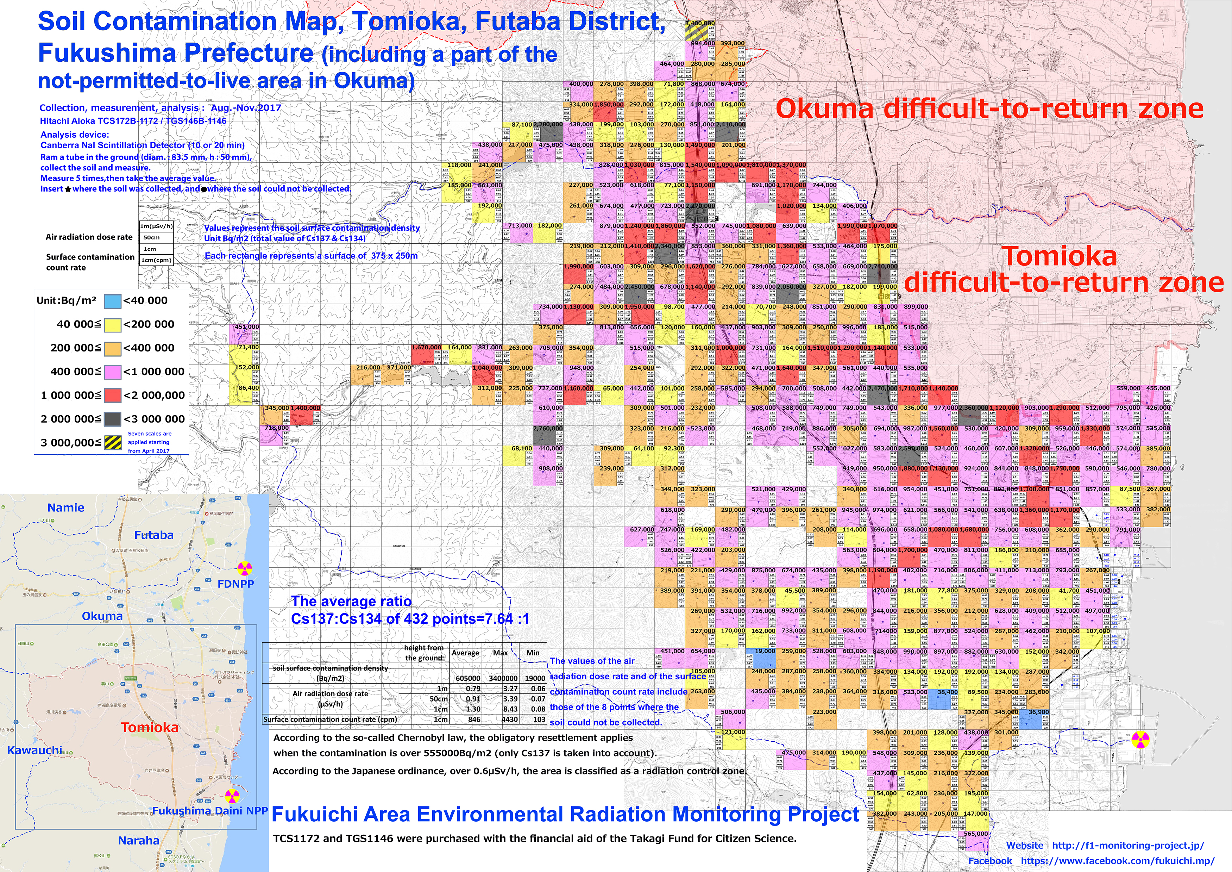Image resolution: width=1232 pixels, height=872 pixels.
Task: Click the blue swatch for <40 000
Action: [112, 301]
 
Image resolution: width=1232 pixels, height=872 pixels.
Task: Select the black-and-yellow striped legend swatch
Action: [112, 442]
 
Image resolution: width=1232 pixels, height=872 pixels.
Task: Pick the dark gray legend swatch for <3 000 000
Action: [112, 419]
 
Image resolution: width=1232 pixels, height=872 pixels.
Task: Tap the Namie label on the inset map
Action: [65, 507]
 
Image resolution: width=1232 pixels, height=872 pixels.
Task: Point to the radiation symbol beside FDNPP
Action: [244, 568]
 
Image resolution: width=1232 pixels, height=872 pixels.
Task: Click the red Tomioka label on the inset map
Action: [149, 727]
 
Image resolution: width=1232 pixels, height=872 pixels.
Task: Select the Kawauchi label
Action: [34, 750]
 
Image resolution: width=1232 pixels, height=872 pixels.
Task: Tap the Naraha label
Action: [138, 840]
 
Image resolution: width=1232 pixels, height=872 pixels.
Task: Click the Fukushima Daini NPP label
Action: [210, 810]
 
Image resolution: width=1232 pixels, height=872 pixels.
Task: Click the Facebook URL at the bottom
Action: [1117, 861]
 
